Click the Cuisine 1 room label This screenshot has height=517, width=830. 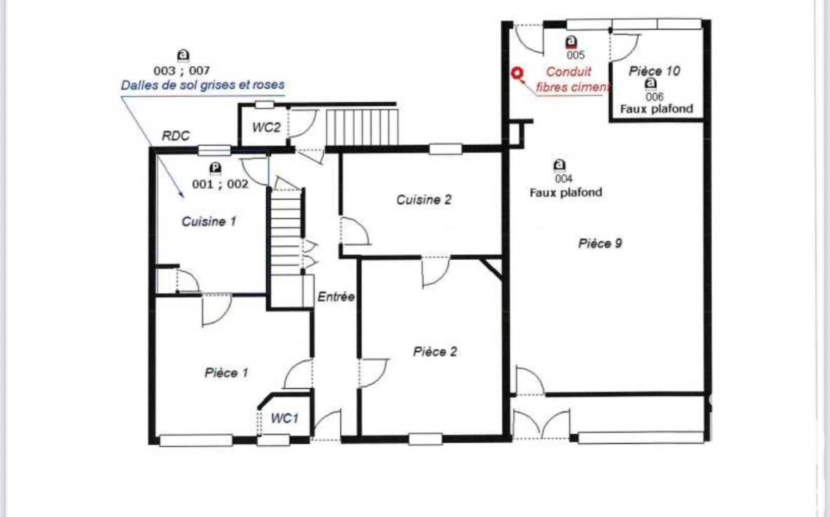coord(208,221)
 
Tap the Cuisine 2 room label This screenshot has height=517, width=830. coord(424,200)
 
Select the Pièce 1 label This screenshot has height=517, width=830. coord(226,373)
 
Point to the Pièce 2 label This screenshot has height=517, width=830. coord(435,351)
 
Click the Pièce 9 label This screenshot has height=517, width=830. coord(600,244)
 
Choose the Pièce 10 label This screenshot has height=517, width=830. coord(654,71)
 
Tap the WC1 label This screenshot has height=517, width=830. coord(284,418)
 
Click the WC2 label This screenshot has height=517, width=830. coord(266,127)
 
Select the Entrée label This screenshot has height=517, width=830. coord(336,297)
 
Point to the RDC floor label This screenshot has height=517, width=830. coord(176,136)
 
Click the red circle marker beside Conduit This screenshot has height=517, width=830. coord(517,74)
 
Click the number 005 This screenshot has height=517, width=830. coord(575,55)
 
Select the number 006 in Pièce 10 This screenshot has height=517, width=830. coord(654,97)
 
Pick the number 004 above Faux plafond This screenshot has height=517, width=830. coord(563,178)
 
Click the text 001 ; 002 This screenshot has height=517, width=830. coord(220,185)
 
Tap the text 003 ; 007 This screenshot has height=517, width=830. coord(182,70)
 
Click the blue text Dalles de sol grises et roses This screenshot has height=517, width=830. coord(203,85)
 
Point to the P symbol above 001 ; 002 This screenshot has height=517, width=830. coord(215,168)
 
